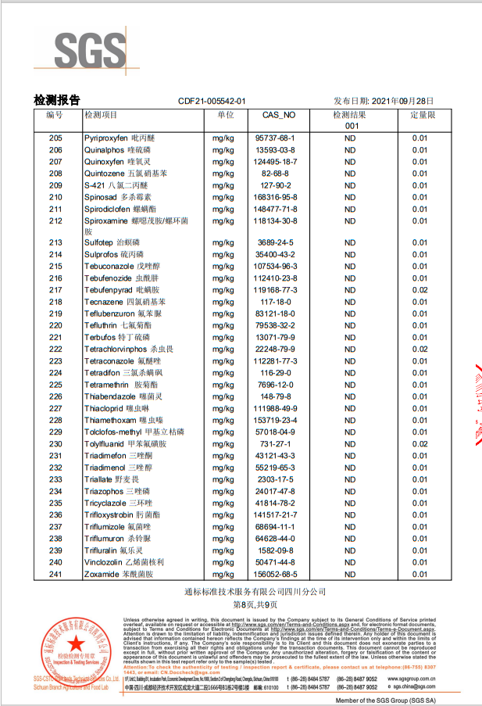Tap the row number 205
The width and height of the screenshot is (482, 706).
[55, 138]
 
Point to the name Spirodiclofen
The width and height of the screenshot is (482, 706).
[109, 209]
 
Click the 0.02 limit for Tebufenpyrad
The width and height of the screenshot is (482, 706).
[420, 289]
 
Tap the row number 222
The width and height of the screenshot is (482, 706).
[55, 349]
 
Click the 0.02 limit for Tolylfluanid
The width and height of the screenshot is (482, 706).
[420, 443]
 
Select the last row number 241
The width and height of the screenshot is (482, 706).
[55, 574]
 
